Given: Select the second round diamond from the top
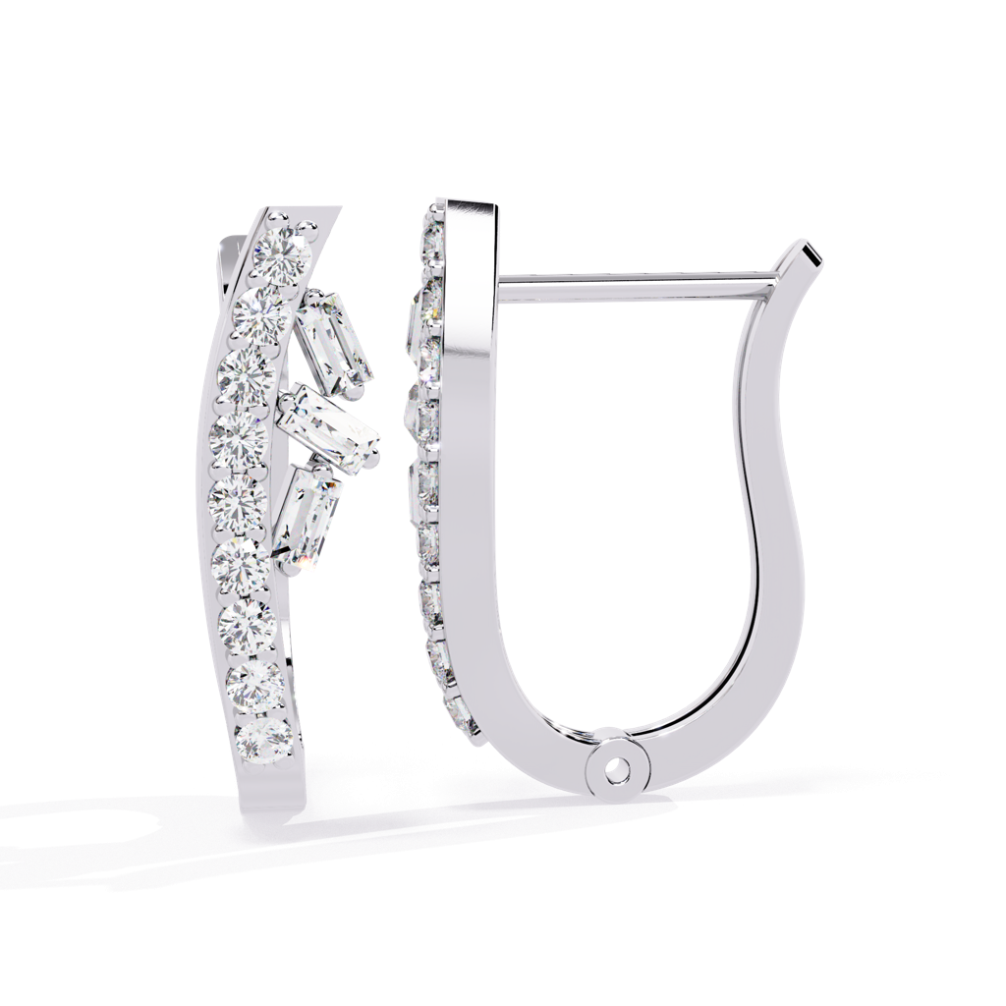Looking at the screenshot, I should coord(262,311).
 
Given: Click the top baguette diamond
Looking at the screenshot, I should coord(334,340).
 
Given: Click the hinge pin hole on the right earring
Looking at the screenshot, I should coord(614,771).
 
